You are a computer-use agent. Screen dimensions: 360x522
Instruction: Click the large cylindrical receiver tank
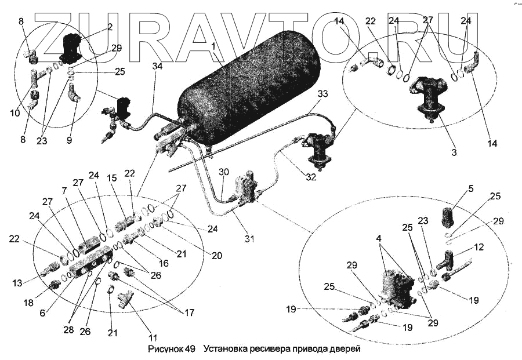249,93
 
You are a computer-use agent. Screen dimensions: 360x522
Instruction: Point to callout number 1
213,46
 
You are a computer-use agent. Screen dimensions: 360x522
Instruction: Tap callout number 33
322,94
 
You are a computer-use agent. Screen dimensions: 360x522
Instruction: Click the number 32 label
311,177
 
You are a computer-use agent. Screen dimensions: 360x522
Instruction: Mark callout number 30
224,172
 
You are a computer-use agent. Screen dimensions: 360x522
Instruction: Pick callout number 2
109,26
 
